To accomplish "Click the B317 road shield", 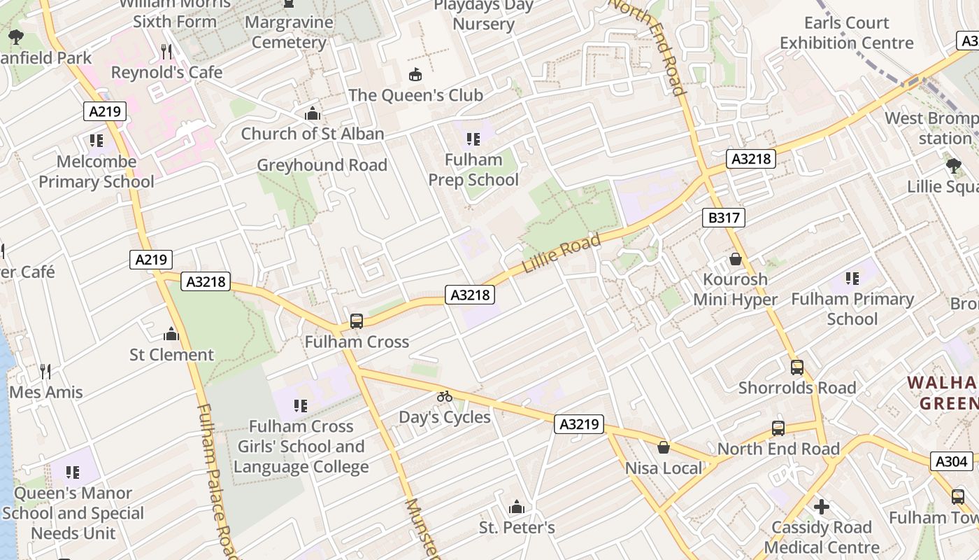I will pos(723,218).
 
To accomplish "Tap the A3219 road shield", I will pos(579,423).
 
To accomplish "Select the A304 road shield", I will pos(952,461).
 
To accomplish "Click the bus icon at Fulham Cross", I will pos(357,321).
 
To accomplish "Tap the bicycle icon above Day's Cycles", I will pos(445,396).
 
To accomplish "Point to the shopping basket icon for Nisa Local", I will pos(664,447).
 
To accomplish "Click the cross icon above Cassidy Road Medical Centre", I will pos(822,505).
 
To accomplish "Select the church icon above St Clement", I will pos(171,334).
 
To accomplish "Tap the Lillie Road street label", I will pos(562,255).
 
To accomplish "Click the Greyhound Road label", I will pos(322,165).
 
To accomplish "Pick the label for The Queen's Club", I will pos(415,94).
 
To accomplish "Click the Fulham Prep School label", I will pos(473,169).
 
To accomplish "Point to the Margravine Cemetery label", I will pos(289,32).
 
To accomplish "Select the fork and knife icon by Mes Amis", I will pos(45,371).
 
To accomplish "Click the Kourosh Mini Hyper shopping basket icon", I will pos(736,259).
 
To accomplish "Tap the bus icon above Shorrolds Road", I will pos(796,367).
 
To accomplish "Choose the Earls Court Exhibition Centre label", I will pos(846,33).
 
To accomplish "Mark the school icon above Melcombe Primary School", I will pos(97,141).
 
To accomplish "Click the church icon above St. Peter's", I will pos(517,506).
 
